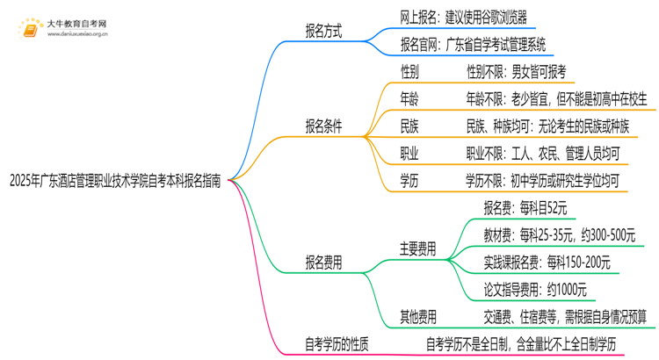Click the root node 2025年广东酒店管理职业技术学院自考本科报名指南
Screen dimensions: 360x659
(x=114, y=181)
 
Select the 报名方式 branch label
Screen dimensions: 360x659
(x=323, y=32)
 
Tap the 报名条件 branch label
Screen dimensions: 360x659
(x=323, y=126)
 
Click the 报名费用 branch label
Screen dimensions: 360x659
(x=323, y=262)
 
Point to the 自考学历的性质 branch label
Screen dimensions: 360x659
(x=336, y=343)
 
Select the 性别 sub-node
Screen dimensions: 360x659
(x=409, y=71)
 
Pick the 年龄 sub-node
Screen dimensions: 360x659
(x=409, y=98)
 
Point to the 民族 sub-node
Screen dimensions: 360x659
(x=409, y=126)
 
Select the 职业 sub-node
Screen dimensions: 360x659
(x=409, y=154)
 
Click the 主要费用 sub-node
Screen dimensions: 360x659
(x=417, y=248)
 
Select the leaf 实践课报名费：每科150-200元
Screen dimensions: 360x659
(x=547, y=262)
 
